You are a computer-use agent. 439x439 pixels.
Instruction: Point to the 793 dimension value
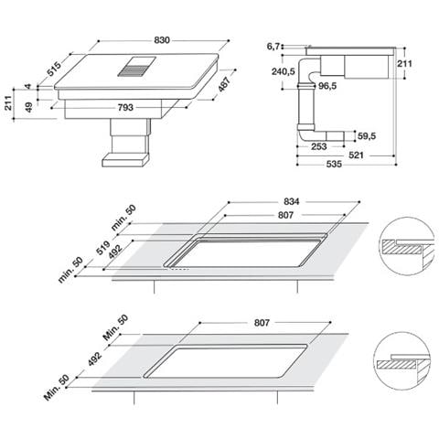point(125,108)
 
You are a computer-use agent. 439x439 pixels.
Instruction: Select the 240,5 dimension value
point(283,71)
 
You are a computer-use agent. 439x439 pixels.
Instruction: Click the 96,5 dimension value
point(329,87)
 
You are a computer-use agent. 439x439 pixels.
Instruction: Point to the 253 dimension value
point(319,145)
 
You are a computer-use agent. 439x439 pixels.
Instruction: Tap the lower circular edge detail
point(402,363)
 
